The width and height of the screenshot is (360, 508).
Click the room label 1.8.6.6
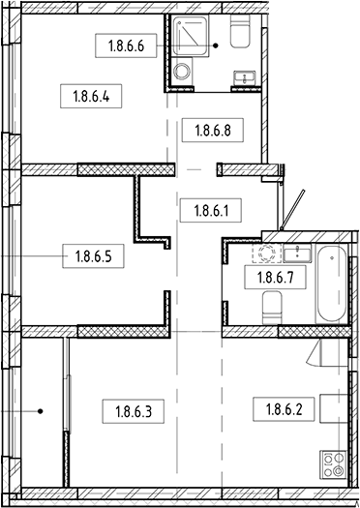coord(126,46)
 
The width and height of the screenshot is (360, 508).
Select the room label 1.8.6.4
coord(91,96)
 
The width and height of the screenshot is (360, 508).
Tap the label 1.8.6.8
coord(213,131)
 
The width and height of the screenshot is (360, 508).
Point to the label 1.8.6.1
coord(211,211)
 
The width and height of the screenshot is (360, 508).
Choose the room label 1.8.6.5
coord(93,256)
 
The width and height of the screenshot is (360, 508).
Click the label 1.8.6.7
coord(276,277)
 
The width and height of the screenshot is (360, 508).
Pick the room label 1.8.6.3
coord(134,411)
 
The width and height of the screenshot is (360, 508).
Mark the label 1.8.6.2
coord(284,409)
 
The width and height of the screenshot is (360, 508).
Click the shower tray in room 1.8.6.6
coord(190,36)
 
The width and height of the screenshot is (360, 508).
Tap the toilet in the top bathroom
coord(240,32)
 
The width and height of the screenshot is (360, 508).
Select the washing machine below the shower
coord(181,72)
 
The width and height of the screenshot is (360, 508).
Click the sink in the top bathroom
coord(245,78)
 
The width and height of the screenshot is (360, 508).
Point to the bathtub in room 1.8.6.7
coord(332,284)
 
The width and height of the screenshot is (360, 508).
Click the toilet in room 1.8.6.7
coord(272,308)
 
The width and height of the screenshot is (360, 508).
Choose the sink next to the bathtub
coord(297,253)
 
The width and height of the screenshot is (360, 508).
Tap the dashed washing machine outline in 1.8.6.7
coord(267,253)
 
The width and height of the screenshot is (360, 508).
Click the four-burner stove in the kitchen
coord(333,464)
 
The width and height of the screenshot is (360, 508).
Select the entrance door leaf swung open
coord(293,210)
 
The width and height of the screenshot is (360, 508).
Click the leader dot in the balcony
coord(41,411)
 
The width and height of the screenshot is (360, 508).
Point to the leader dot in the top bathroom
coord(216,46)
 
